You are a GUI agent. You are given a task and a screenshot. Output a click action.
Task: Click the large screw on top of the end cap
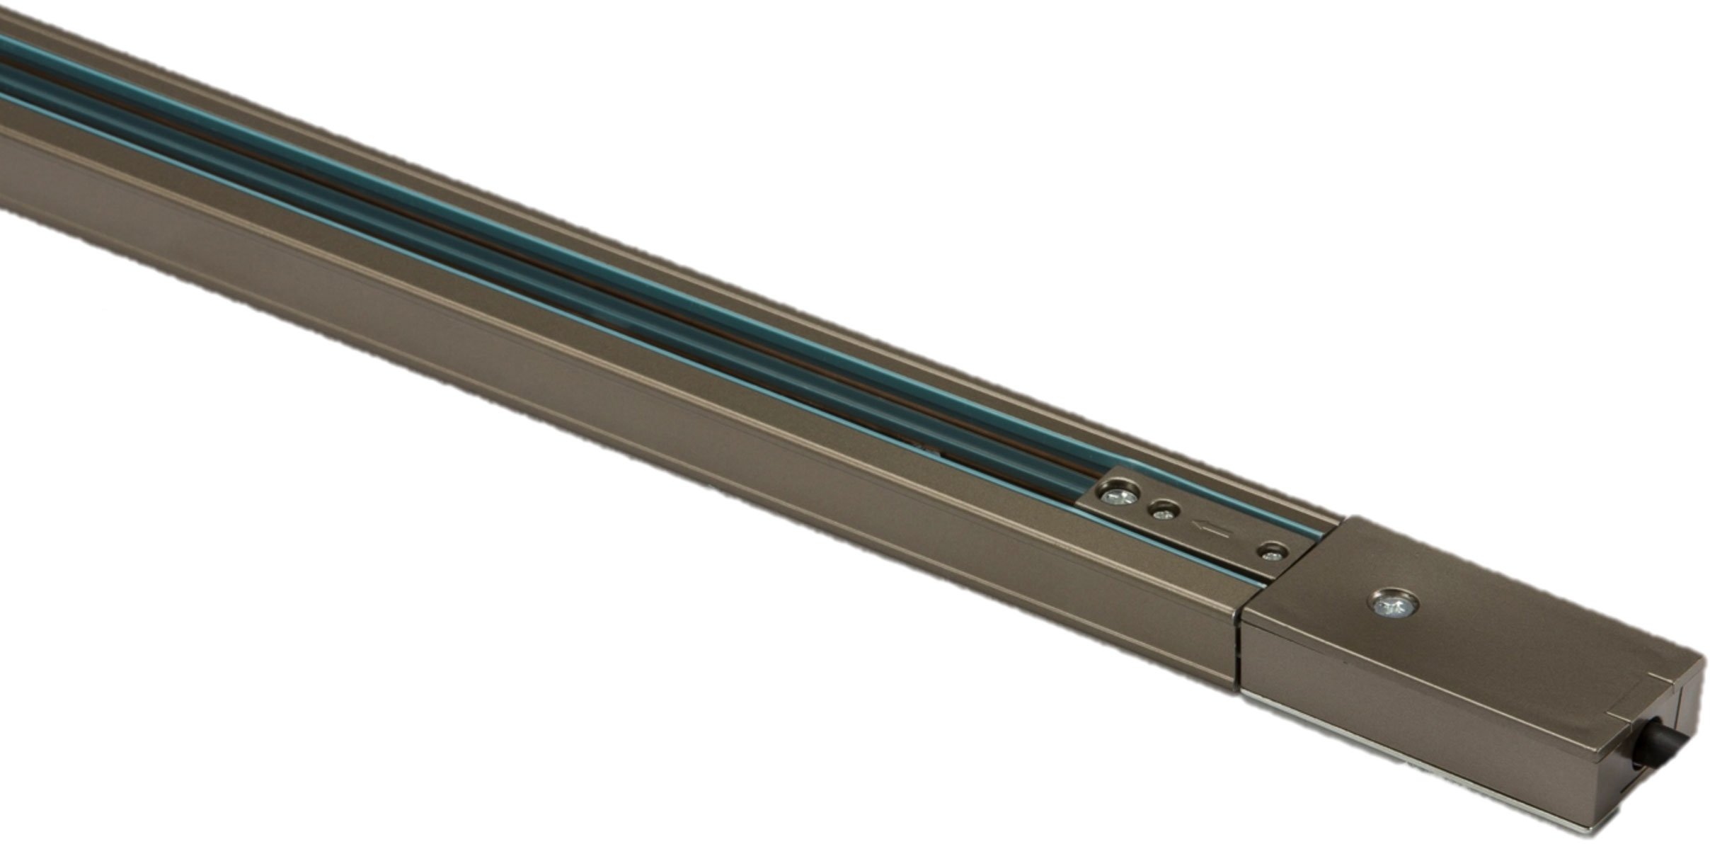(x=1392, y=605)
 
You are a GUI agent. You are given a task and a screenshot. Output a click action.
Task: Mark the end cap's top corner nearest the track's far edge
(x=1348, y=518)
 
